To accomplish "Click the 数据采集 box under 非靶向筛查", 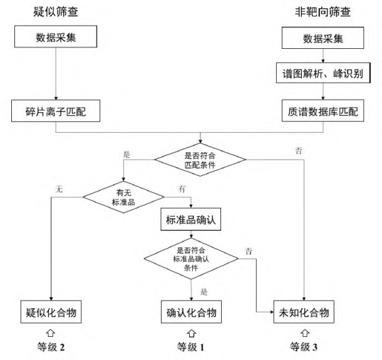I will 323,39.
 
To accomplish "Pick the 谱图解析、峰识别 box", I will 323,74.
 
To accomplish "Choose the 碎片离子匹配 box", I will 56,111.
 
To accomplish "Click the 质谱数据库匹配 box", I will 323,111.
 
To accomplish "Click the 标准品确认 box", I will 190,220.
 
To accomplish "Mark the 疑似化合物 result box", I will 50,312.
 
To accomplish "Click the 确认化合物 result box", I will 190,312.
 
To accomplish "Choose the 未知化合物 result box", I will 302,312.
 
